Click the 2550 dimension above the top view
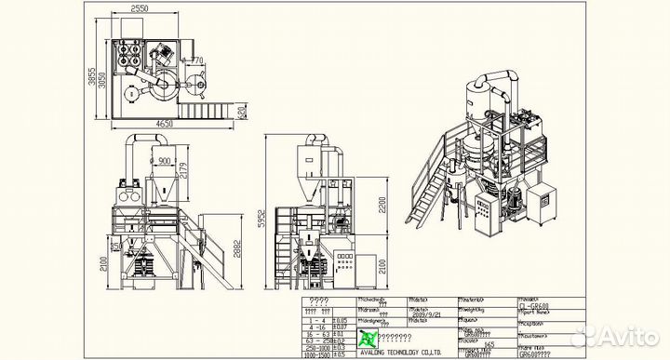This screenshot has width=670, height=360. click(x=140, y=9)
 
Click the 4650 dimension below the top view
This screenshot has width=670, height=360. click(x=165, y=124)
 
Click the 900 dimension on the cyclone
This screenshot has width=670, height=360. click(x=164, y=159)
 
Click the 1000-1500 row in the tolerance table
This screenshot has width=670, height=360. click(x=316, y=354)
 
